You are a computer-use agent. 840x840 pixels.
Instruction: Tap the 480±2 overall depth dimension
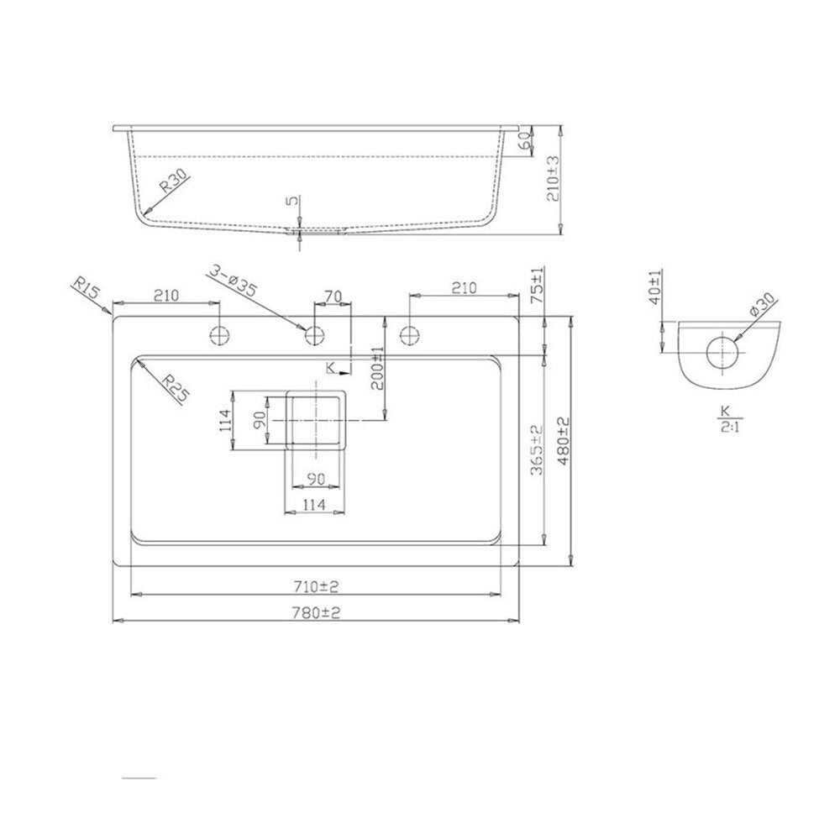coord(563,441)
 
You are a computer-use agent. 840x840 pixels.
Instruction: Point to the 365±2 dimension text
coord(537,450)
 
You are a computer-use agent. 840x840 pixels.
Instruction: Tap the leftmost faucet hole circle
coord(219,335)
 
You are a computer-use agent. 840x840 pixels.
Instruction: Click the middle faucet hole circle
coord(315,335)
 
